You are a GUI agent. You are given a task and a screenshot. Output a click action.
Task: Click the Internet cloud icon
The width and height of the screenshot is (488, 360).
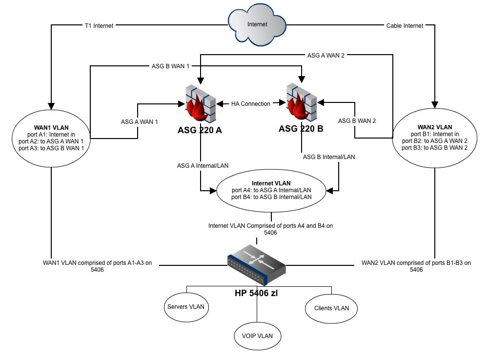pyautogui.click(x=257, y=24)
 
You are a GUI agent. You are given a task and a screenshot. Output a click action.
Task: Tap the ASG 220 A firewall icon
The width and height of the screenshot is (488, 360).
pyautogui.click(x=201, y=103)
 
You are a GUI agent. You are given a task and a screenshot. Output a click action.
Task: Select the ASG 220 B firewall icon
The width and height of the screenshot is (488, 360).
pyautogui.click(x=301, y=102)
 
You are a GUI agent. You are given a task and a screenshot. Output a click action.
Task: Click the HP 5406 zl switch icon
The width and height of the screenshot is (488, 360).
pyautogui.click(x=257, y=265)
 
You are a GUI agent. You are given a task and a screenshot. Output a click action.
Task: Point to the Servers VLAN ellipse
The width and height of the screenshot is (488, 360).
pyautogui.click(x=186, y=307)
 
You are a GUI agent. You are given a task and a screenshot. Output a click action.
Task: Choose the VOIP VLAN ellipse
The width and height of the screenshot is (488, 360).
pyautogui.click(x=257, y=336)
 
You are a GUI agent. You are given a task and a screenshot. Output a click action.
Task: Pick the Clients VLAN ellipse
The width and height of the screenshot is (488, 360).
pyautogui.click(x=331, y=308)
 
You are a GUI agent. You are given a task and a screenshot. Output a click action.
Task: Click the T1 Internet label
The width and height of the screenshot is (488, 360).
pyautogui.click(x=99, y=26)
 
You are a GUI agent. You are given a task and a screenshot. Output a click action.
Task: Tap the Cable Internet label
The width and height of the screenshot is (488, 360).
pyautogui.click(x=405, y=26)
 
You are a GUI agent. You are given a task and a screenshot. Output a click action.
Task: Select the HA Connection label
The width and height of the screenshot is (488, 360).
pyautogui.click(x=250, y=104)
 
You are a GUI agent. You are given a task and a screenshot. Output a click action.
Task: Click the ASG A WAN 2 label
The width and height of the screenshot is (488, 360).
pyautogui.click(x=326, y=56)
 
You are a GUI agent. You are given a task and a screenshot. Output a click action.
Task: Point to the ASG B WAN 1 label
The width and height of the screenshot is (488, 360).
pyautogui.click(x=170, y=66)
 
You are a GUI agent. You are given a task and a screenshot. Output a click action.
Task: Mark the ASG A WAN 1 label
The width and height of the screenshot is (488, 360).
pyautogui.click(x=140, y=122)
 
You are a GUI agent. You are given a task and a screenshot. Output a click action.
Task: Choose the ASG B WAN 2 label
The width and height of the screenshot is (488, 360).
pyautogui.click(x=357, y=121)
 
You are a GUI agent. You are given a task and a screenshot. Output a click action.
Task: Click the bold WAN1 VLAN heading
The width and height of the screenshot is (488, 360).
pyautogui.click(x=51, y=128)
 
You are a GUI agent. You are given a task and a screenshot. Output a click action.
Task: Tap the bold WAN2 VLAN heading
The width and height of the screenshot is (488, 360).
pyautogui.click(x=435, y=127)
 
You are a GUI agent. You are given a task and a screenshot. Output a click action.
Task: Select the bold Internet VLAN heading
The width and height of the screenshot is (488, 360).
pyautogui.click(x=271, y=183)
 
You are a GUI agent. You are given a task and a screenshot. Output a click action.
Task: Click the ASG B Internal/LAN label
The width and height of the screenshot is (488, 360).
pyautogui.click(x=329, y=157)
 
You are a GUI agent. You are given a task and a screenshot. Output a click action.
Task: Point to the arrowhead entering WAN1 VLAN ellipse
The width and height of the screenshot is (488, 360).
pyautogui.click(x=51, y=106)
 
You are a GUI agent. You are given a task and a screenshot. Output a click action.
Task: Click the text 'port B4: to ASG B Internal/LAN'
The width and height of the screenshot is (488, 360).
pyautogui.click(x=271, y=197)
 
